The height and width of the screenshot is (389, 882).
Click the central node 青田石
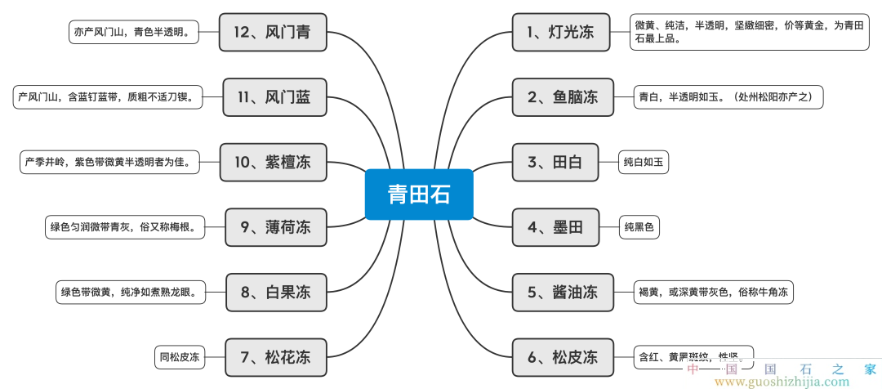(x=419, y=194)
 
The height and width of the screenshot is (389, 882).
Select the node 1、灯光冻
(x=562, y=33)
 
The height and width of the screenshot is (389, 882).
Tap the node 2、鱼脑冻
(x=562, y=97)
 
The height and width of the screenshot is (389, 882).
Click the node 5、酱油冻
(x=562, y=292)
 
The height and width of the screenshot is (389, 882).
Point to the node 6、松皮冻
(x=562, y=357)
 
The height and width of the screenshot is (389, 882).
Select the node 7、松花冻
(x=275, y=357)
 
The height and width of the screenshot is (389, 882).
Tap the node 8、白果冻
(x=275, y=292)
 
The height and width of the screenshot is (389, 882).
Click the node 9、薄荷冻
(x=275, y=227)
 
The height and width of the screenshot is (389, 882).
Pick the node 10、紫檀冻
(x=272, y=162)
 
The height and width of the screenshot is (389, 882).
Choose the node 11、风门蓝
(x=272, y=97)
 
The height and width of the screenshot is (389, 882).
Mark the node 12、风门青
(x=272, y=33)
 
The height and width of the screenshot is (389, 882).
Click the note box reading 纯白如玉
(x=643, y=162)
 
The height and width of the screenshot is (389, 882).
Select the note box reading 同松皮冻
(x=179, y=357)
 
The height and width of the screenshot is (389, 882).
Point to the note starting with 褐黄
(x=713, y=292)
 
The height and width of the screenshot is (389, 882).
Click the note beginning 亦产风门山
(x=134, y=33)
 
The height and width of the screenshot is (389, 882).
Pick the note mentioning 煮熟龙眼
(x=128, y=292)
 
